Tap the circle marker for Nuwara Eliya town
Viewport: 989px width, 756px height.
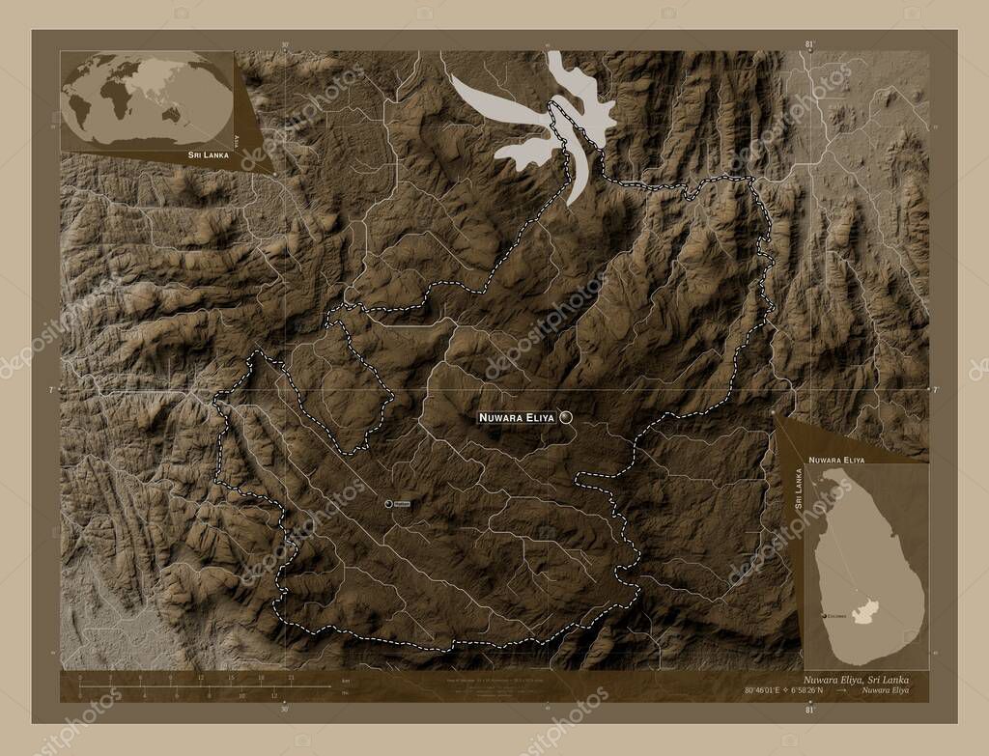pos(565,417)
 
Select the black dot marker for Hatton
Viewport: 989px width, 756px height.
pos(388,503)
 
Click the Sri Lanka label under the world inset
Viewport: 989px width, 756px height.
pos(209,154)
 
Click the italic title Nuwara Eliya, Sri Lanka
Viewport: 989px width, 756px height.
pos(856,680)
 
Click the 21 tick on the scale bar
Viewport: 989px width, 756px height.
pos(290,678)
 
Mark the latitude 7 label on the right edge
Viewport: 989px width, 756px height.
pos(935,389)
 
